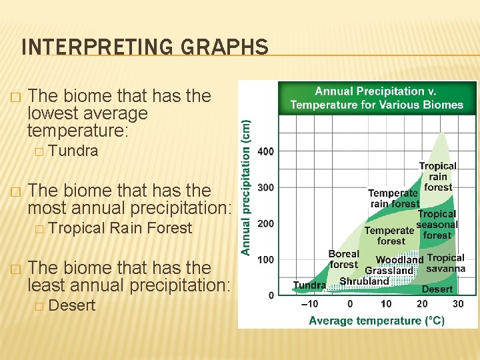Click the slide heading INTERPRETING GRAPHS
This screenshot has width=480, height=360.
click(x=145, y=47)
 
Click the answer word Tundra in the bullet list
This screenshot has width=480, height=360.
click(x=73, y=151)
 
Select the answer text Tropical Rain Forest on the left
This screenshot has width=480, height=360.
click(x=120, y=228)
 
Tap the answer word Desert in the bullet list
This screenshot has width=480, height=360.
click(x=72, y=306)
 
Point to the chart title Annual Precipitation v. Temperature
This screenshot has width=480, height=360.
click(x=377, y=98)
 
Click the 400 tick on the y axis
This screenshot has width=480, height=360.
click(x=265, y=151)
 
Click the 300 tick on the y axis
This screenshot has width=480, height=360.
click(x=265, y=187)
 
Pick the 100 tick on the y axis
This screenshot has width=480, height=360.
click(x=265, y=259)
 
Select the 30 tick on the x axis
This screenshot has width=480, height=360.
click(x=458, y=304)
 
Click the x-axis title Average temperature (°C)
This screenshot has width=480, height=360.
click(x=376, y=321)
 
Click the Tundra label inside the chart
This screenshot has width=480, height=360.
click(x=309, y=285)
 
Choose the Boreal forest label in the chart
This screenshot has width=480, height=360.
click(x=344, y=259)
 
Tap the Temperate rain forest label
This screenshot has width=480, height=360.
click(x=394, y=198)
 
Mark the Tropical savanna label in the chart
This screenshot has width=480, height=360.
click(x=446, y=263)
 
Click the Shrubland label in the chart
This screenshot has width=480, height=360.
click(x=364, y=281)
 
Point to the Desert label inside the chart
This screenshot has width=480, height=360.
click(x=437, y=289)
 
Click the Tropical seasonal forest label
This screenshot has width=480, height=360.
click(x=437, y=225)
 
